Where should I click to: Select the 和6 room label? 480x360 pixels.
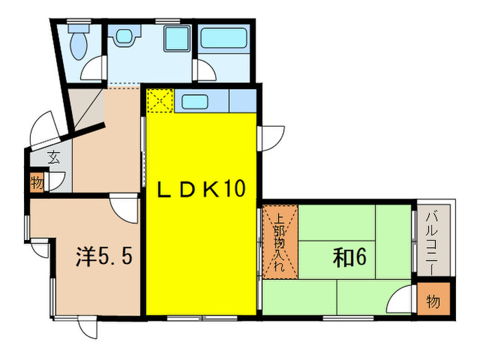[351, 258]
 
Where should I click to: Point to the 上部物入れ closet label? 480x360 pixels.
[280, 244]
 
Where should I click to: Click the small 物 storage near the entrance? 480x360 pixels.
[36, 182]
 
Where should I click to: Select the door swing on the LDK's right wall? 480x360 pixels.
[270, 136]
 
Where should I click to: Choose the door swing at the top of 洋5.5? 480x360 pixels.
[125, 207]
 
